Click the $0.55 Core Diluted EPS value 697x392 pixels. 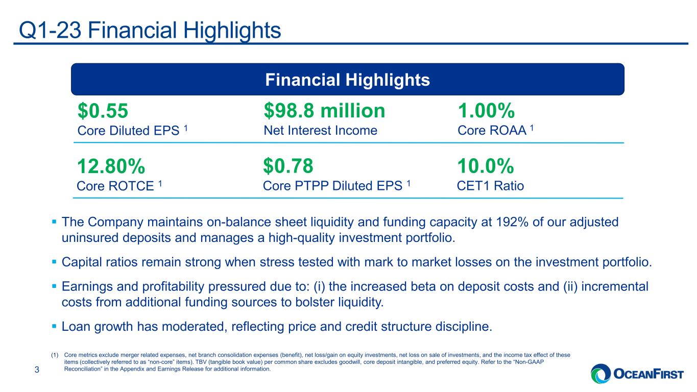103,111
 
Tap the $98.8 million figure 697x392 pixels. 324,111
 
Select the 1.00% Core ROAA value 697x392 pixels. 486,111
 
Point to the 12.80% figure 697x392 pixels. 111,166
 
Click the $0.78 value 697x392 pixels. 288,166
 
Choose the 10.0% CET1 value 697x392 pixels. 486,166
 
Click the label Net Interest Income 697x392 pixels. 320,130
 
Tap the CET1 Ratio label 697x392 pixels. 490,186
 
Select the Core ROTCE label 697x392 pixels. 115,186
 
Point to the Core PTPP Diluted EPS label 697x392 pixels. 332,186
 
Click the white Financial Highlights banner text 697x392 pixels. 348,80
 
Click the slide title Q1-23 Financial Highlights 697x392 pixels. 150,30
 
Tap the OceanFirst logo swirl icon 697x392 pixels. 600,374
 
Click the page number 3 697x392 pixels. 37,370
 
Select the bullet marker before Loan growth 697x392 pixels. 54,326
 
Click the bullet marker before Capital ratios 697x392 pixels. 54,262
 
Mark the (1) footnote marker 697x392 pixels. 55,355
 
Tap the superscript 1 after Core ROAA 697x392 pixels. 532,128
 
